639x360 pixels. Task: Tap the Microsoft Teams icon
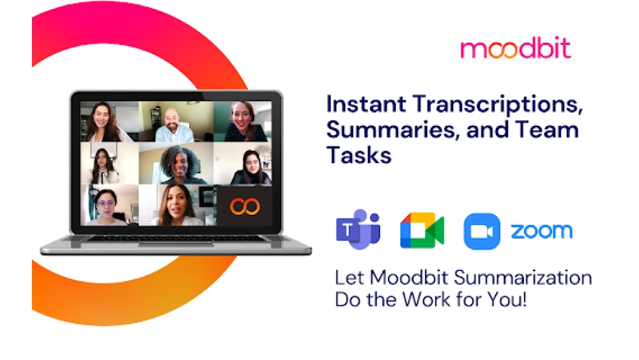358,230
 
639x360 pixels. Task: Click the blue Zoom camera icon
482,231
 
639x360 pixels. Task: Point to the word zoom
541,231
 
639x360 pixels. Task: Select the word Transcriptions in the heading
497,104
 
